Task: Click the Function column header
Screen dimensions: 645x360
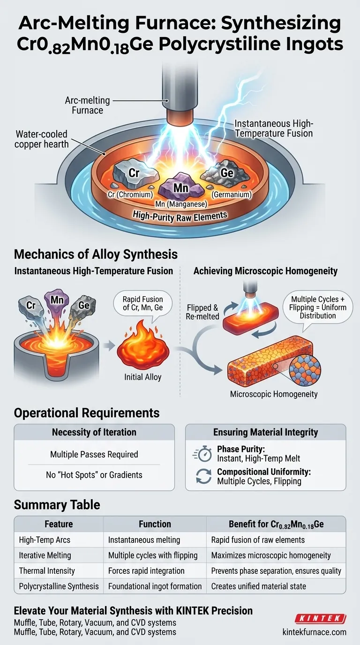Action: coord(155,524)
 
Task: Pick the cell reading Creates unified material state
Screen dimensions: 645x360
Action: coord(258,586)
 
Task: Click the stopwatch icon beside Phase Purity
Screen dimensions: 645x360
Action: coord(203,454)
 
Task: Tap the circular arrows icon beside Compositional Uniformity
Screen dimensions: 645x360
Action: coord(203,476)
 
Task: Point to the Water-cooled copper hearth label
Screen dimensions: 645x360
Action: coord(42,139)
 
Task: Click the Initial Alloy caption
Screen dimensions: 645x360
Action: coord(143,377)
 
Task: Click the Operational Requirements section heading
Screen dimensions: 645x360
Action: coord(87,413)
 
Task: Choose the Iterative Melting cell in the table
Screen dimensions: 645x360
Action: coord(45,555)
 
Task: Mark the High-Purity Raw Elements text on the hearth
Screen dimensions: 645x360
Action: coord(180,216)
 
